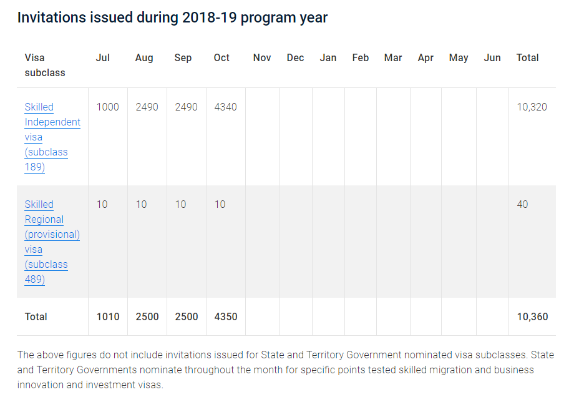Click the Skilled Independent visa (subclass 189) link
[52, 137]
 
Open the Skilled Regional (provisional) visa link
[52, 242]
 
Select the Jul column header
[103, 57]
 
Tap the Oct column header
[221, 57]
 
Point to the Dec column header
[295, 57]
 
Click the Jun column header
[492, 57]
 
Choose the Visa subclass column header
[45, 65]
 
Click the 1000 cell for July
[107, 107]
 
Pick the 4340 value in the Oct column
[225, 107]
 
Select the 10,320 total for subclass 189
[532, 107]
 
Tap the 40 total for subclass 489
[522, 204]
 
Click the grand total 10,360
[532, 316]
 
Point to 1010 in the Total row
[107, 316]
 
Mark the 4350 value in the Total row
[225, 316]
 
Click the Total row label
[36, 316]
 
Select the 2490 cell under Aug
[147, 107]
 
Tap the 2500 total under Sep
[186, 316]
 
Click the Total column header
[527, 57]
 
